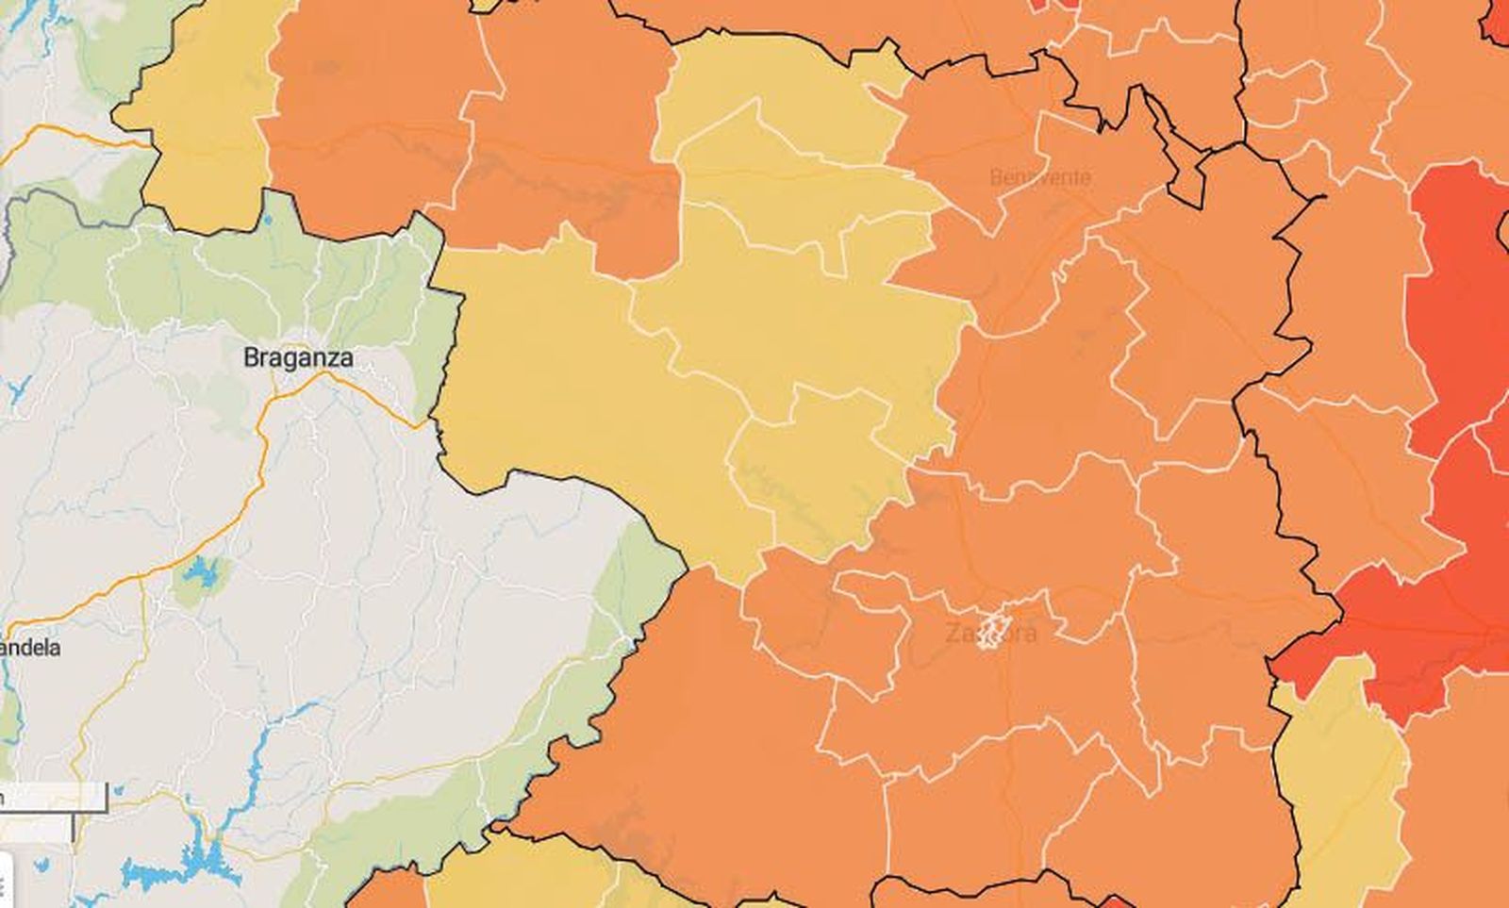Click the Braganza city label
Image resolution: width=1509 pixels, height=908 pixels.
pyautogui.click(x=298, y=358)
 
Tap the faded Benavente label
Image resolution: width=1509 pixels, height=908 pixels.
pyautogui.click(x=1040, y=177)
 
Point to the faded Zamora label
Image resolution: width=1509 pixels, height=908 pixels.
pyautogui.click(x=990, y=633)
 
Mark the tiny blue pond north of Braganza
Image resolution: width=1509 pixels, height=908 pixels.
pyautogui.click(x=268, y=220)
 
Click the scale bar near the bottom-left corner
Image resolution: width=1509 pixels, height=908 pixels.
pyautogui.click(x=57, y=798)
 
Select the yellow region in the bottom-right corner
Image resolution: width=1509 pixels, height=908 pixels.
pyautogui.click(x=1339, y=783)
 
